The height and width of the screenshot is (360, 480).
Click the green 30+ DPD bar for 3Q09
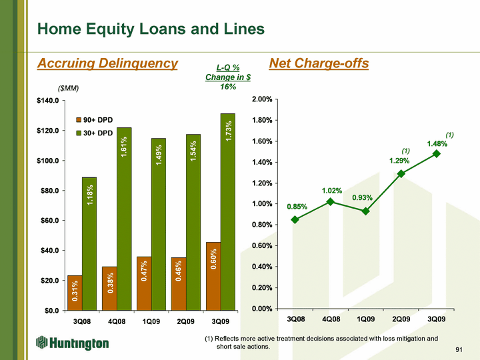[x=228, y=212]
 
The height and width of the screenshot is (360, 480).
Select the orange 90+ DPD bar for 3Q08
[x=75, y=293]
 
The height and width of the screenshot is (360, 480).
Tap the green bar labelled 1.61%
[x=124, y=219]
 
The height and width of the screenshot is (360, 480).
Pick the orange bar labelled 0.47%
[x=144, y=283]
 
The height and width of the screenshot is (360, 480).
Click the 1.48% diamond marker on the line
[x=437, y=154]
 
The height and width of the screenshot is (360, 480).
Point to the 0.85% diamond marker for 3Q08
[x=295, y=219]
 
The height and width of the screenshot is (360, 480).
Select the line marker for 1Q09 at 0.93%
[x=365, y=211]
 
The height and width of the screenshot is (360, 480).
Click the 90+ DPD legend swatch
[x=79, y=120]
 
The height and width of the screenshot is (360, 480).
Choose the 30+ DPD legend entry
[x=95, y=133]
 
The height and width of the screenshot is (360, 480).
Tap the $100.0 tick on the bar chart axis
[x=48, y=161]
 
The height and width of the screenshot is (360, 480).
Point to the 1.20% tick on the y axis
[x=262, y=183]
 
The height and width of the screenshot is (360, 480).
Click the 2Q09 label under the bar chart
[x=186, y=321]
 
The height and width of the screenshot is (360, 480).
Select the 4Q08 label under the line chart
[x=331, y=319]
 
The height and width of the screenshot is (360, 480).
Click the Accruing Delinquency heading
[x=107, y=63]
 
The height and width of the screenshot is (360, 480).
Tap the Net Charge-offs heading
[x=319, y=63]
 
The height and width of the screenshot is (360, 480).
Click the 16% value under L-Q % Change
[x=228, y=87]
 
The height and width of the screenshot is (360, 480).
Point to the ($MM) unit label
[x=68, y=89]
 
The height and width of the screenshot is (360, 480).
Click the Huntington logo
[x=73, y=343]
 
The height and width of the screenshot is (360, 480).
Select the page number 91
[x=459, y=349]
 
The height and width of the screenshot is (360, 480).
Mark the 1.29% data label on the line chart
[x=399, y=161]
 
